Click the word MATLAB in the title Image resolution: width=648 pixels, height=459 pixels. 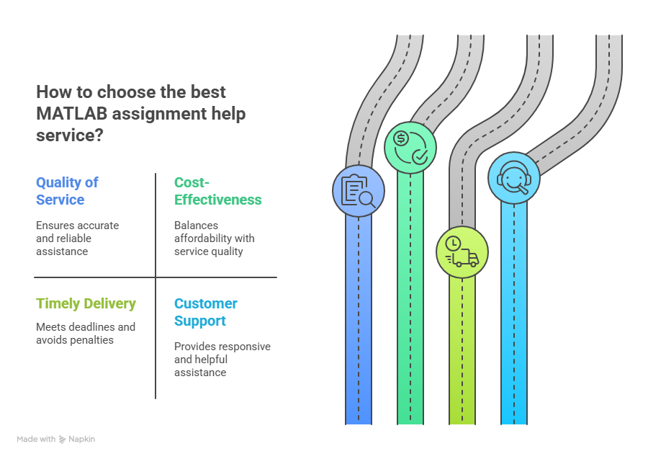coord(72,114)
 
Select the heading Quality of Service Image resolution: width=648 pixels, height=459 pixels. coord(68,191)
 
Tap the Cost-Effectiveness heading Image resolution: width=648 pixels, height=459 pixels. coord(217,191)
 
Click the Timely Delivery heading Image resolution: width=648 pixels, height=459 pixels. coord(86,303)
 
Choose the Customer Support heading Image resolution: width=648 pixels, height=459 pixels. coord(206,312)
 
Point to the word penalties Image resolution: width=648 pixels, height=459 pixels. coord(94,340)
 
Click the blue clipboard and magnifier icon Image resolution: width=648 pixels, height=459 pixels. coord(359,191)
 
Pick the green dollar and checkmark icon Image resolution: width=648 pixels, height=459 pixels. coord(410,148)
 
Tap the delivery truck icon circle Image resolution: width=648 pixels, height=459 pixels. coord(462,252)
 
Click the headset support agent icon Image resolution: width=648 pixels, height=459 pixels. coord(514,178)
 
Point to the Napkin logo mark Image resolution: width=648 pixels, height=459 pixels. coord(63,439)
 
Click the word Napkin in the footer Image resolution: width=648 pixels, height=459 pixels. coord(82,439)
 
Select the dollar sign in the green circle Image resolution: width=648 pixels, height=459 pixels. coord(401,138)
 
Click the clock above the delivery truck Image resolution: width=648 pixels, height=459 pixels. coord(453,244)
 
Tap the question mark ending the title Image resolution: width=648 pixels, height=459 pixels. coord(99,135)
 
